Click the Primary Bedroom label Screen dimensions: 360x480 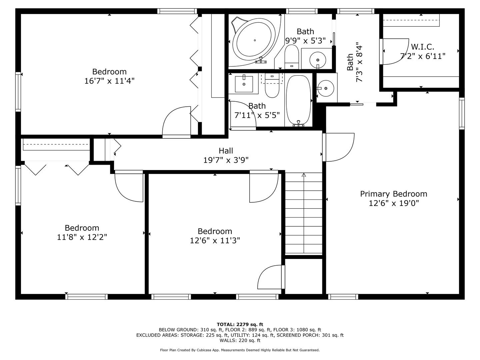(x=393, y=194)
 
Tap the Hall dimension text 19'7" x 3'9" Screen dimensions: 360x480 (x=226, y=160)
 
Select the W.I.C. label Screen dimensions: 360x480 (x=422, y=47)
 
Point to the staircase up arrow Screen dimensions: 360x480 (x=303, y=175)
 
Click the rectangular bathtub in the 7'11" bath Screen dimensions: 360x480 (x=299, y=100)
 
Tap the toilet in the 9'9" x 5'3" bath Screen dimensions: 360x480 (x=292, y=57)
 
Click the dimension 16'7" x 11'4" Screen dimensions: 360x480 (x=109, y=81)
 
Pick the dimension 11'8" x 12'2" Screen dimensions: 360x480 (x=82, y=237)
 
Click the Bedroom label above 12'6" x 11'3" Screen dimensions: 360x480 (x=215, y=231)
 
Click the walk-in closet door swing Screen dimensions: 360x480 (x=395, y=52)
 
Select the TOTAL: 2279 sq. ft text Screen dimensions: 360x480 (x=240, y=324)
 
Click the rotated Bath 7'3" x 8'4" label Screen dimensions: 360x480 (x=354, y=62)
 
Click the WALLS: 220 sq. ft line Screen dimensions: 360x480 (x=240, y=341)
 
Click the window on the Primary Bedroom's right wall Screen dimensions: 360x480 (x=462, y=113)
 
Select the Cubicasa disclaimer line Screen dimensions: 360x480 (x=240, y=350)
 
